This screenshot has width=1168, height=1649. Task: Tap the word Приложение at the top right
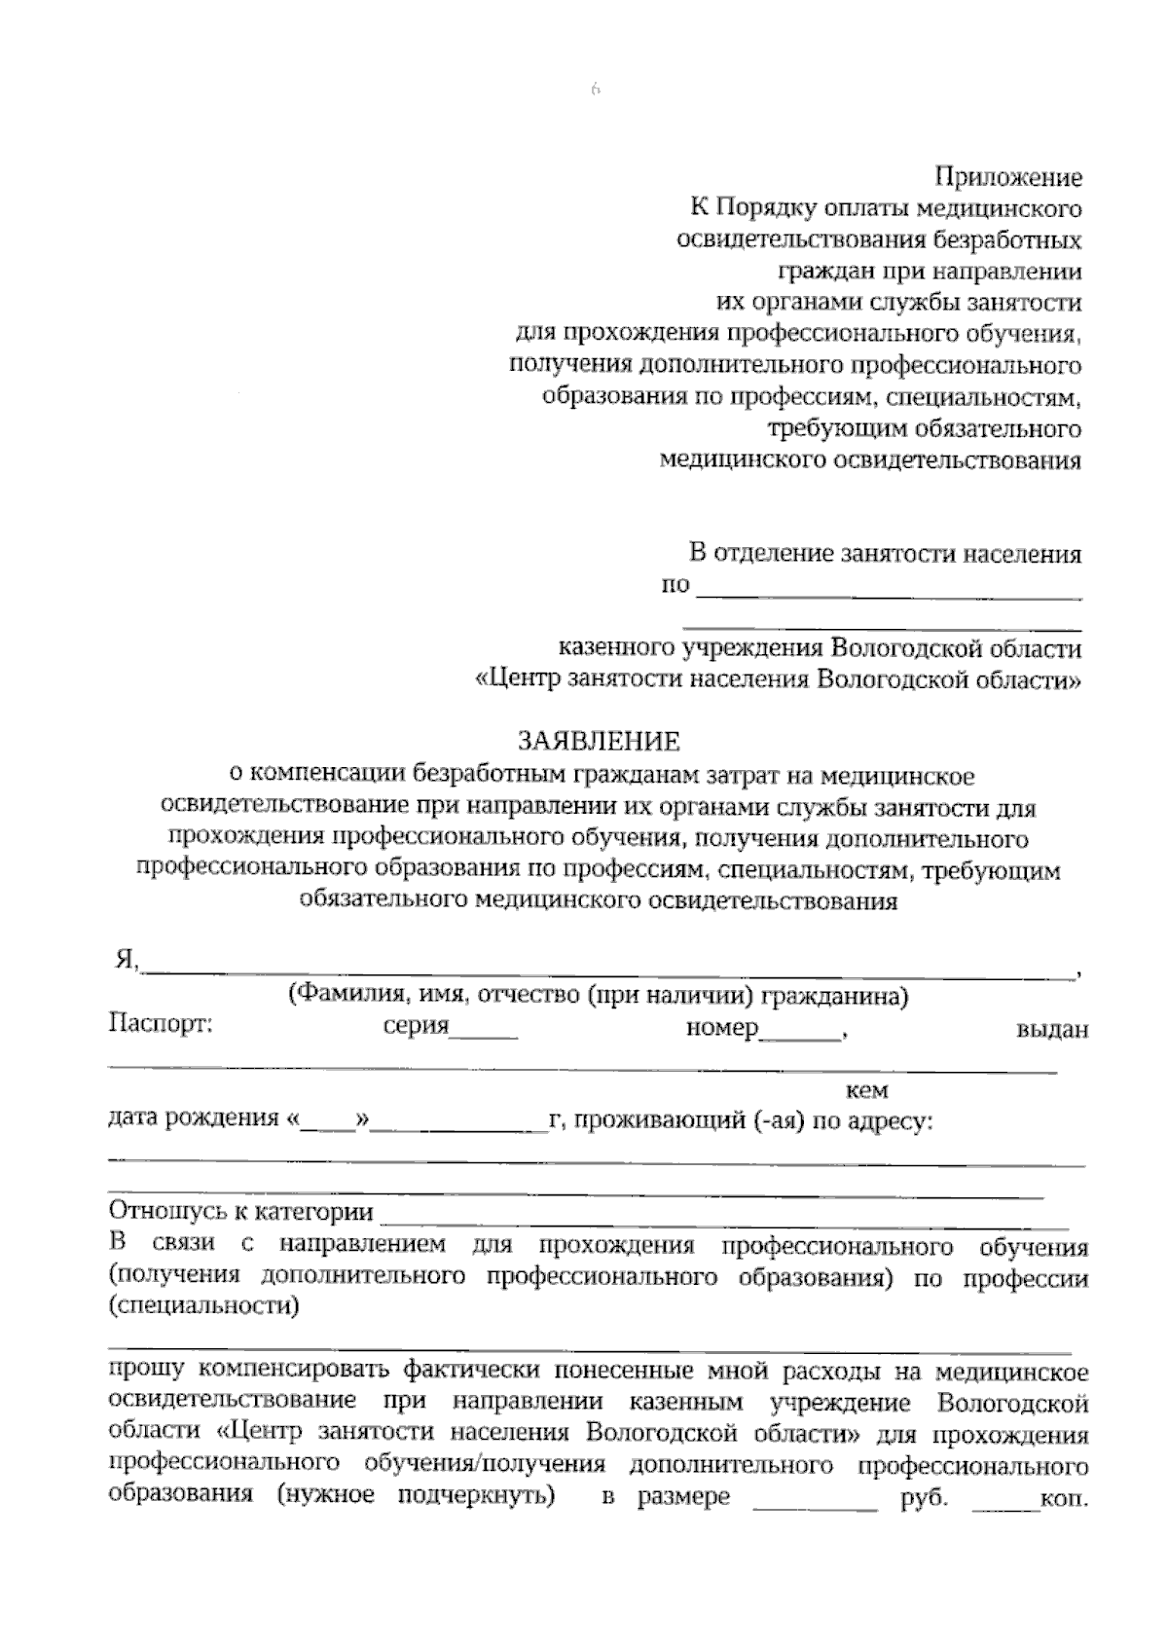(1008, 178)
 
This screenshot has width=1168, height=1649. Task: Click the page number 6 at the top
(595, 91)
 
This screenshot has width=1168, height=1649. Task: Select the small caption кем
(867, 1091)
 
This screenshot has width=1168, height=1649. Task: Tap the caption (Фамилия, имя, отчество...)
(598, 996)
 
